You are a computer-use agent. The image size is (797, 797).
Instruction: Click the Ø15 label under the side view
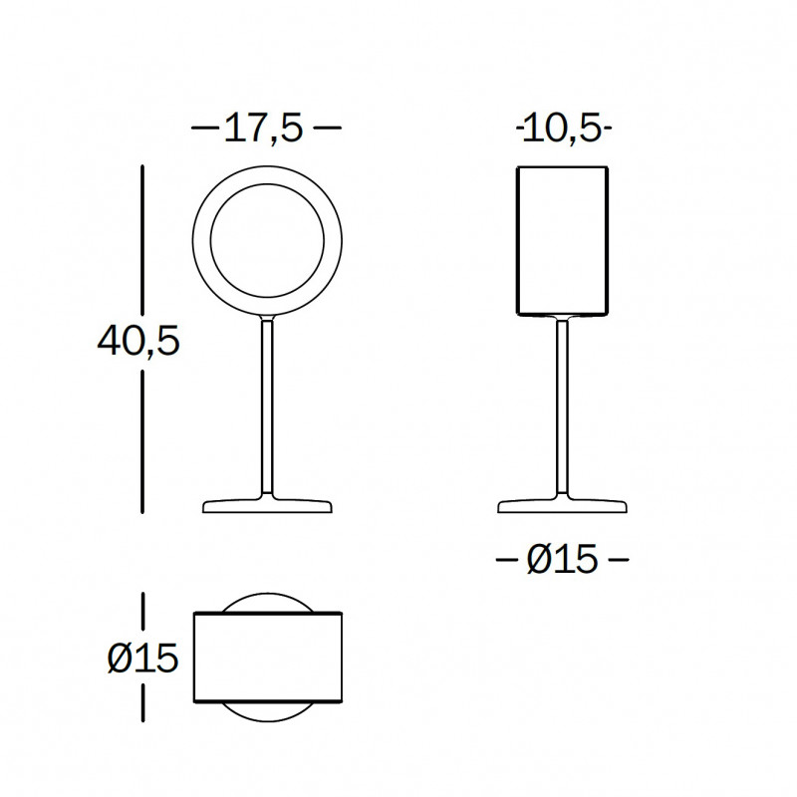tap(562, 561)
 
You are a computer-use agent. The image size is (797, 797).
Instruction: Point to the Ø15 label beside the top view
tap(143, 658)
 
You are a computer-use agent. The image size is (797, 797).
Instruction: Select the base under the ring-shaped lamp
tap(267, 506)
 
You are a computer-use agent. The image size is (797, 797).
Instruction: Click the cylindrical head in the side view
tap(562, 241)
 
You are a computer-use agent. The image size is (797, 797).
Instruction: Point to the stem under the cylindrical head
tap(562, 408)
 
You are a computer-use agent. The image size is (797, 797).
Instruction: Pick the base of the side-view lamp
tap(562, 506)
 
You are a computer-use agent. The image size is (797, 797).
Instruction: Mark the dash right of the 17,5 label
tap(327, 129)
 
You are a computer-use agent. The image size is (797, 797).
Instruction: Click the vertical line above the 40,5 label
tap(144, 239)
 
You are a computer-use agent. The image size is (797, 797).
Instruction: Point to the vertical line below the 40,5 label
tap(144, 443)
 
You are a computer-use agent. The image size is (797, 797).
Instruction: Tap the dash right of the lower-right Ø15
tap(618, 561)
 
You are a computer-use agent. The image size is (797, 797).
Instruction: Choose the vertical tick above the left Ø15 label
tap(144, 611)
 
